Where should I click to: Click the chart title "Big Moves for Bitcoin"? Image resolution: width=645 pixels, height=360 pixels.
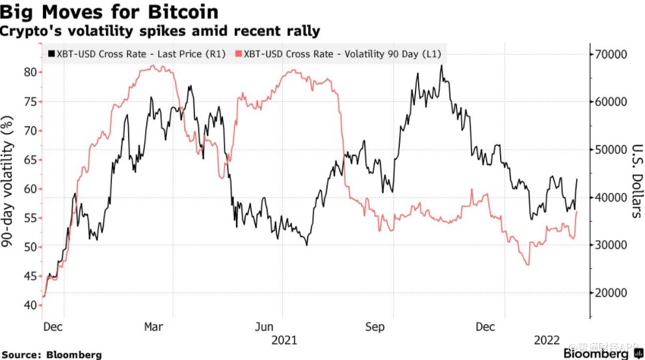click(109, 12)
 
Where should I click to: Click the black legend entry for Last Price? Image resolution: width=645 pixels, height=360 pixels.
click(137, 54)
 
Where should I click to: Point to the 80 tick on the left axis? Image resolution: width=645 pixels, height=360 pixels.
click(30, 71)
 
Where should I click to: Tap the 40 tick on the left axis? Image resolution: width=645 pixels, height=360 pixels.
click(30, 305)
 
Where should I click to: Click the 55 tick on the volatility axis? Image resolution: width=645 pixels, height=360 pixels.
click(30, 218)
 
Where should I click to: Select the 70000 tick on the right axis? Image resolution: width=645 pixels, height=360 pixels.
click(612, 54)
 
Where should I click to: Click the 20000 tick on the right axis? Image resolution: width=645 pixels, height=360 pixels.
click(612, 293)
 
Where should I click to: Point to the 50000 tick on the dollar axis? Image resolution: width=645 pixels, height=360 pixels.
click(612, 149)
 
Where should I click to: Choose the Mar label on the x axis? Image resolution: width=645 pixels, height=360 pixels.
click(153, 328)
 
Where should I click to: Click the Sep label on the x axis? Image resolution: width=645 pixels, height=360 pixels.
click(375, 328)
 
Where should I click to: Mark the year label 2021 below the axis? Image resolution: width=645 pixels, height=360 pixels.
click(283, 341)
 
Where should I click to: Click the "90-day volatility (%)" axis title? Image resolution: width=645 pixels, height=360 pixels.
click(9, 182)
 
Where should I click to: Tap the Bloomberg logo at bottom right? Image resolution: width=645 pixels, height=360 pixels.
click(596, 354)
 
